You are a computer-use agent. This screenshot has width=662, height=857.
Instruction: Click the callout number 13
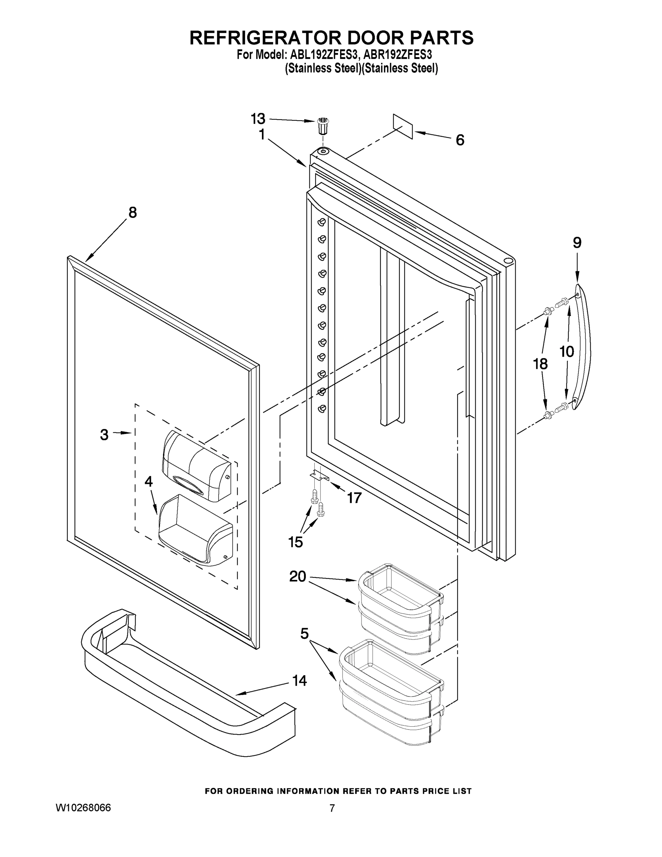(258, 119)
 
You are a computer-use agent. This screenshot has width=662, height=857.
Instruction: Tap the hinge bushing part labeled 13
(322, 126)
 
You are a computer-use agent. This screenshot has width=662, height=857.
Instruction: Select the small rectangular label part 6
(403, 126)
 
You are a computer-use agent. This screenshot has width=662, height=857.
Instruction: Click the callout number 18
(540, 364)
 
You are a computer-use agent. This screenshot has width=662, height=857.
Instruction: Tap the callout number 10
(567, 352)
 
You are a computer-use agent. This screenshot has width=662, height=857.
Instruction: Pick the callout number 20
(298, 576)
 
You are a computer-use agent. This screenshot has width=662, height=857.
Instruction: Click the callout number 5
(305, 633)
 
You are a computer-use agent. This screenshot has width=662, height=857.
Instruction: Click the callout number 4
(148, 481)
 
